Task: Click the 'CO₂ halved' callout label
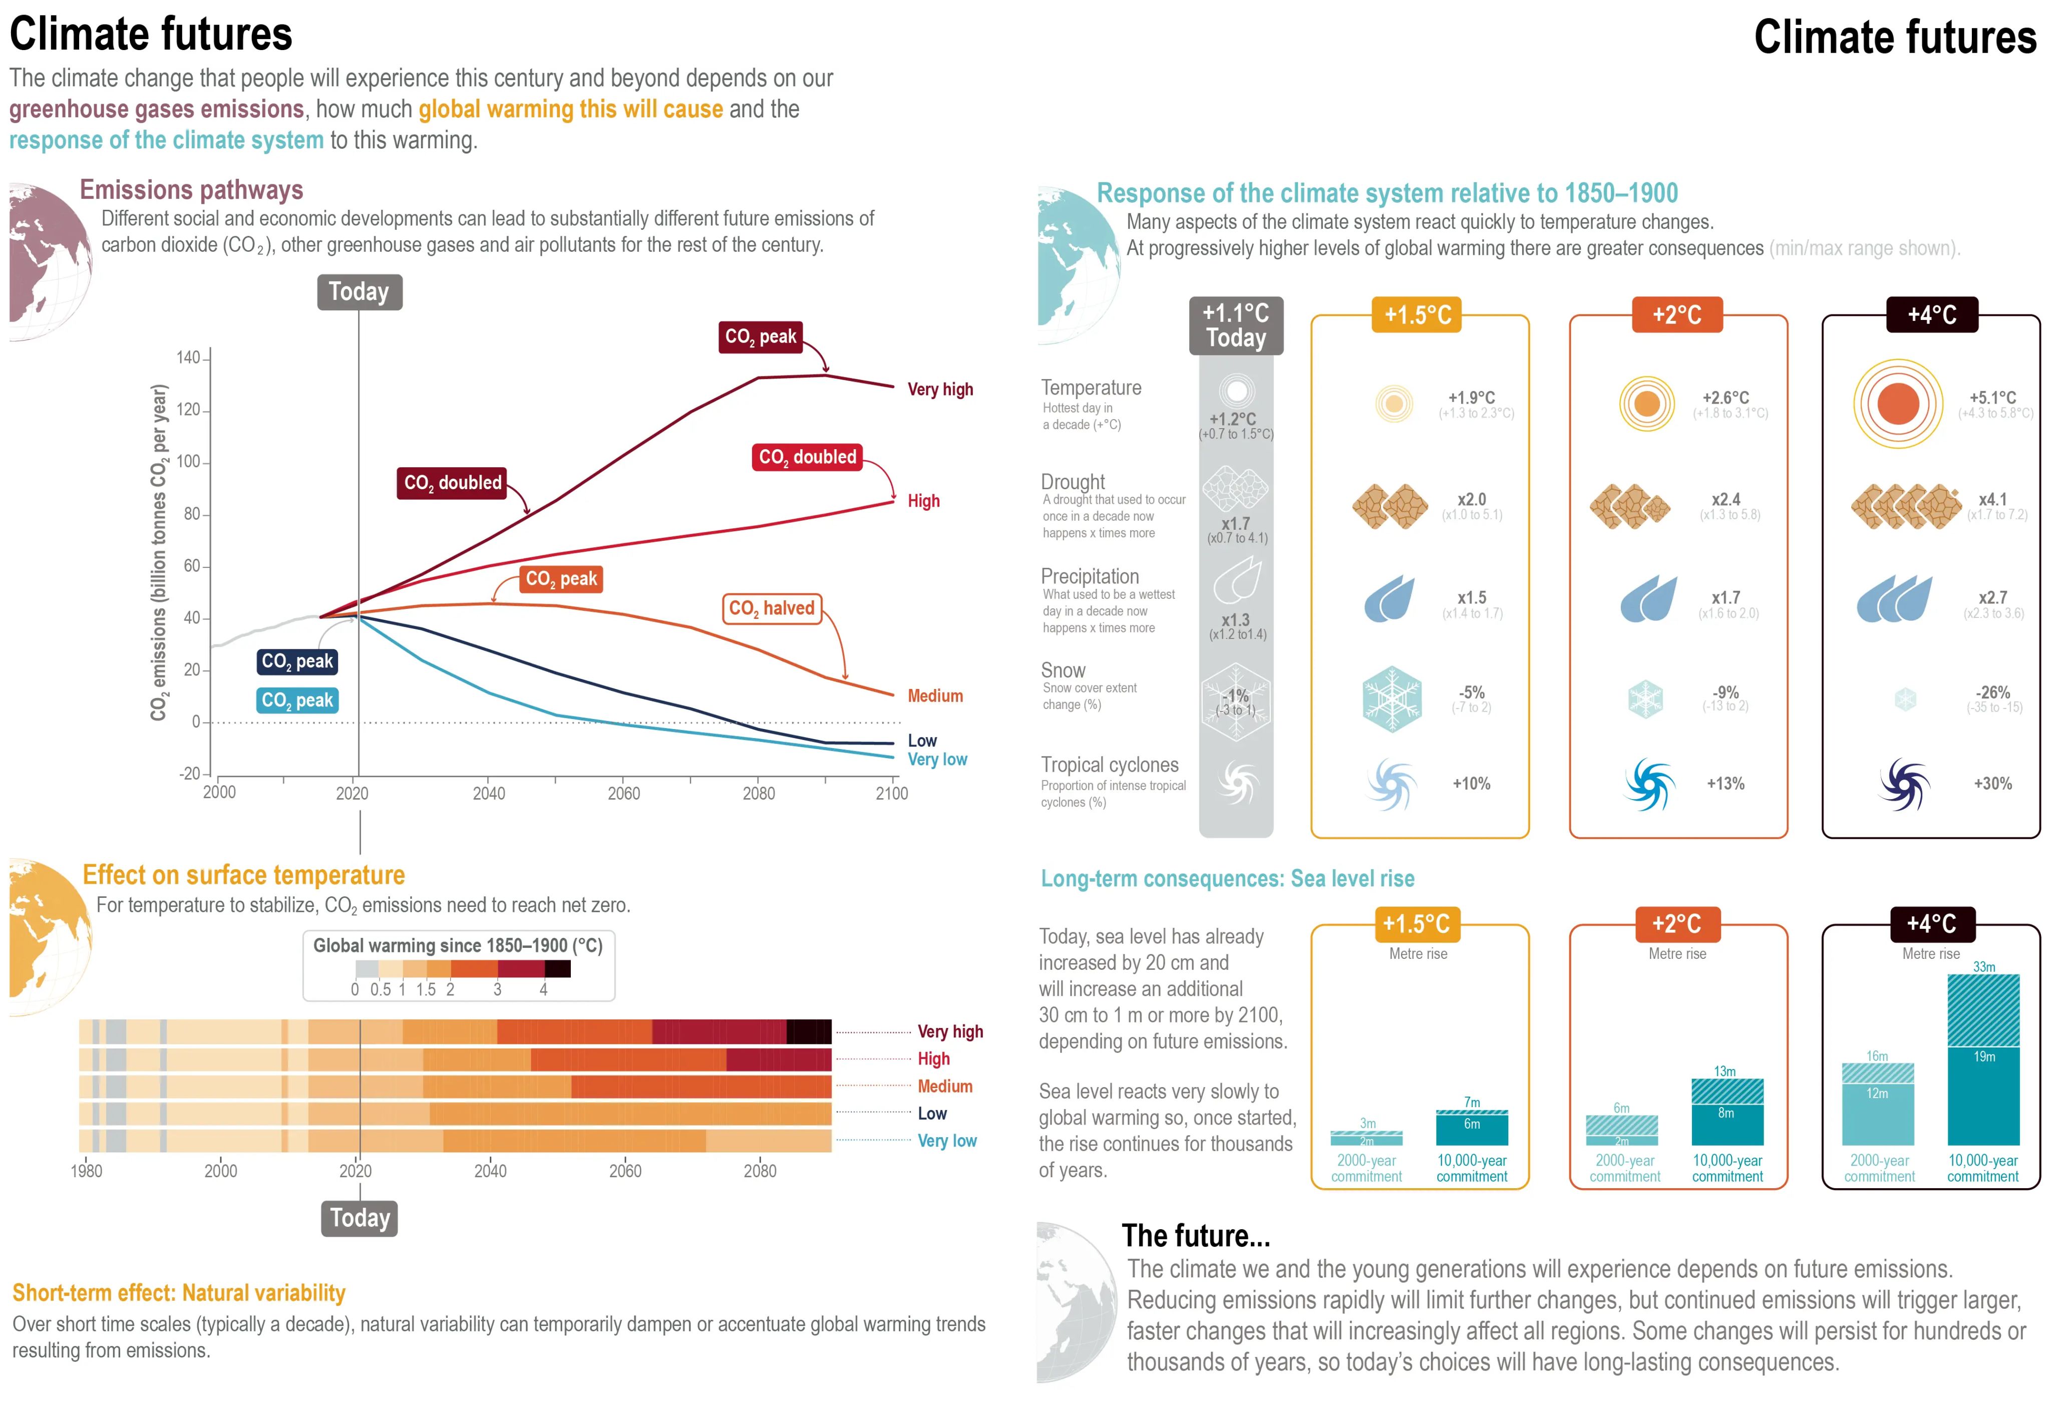coord(771,608)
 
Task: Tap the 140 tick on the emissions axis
coord(188,358)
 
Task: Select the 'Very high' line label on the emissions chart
coord(940,389)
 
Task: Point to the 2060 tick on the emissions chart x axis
coord(623,793)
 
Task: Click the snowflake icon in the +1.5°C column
coord(1392,699)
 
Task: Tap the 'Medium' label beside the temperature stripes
coord(944,1086)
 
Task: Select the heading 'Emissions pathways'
coord(191,190)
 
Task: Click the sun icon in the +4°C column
coord(1897,404)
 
